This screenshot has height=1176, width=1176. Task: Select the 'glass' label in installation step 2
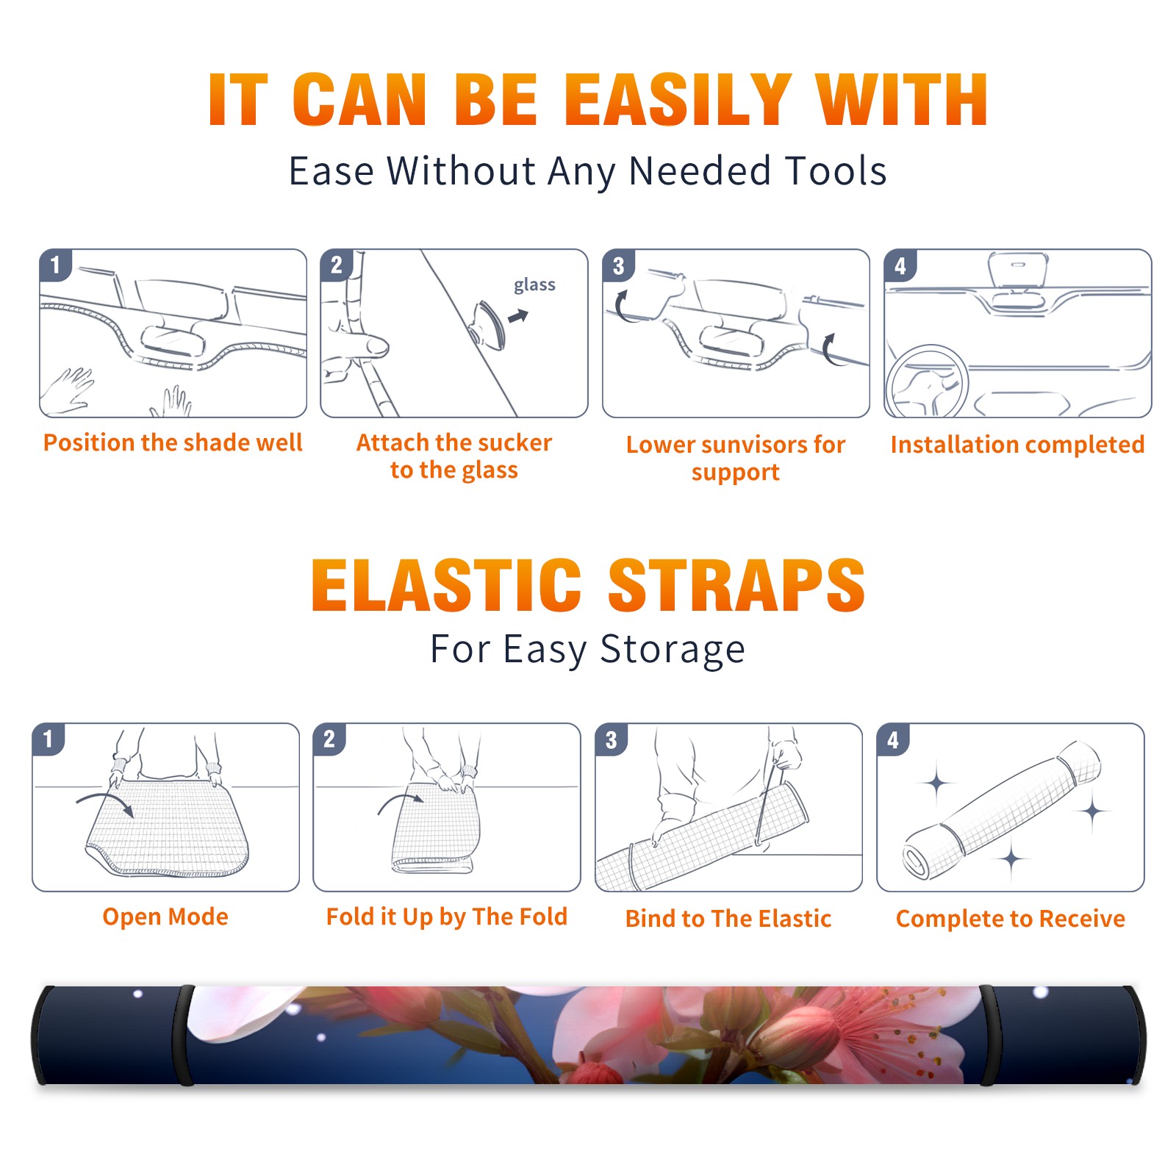tap(534, 284)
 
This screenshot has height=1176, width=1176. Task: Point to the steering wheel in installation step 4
tap(925, 381)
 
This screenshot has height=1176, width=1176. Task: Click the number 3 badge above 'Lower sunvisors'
tap(618, 265)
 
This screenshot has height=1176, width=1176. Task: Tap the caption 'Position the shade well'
tap(173, 442)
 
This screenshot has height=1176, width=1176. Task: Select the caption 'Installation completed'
tap(1017, 445)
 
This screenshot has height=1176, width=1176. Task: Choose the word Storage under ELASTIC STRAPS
tap(673, 650)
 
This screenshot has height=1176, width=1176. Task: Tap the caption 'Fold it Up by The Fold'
tap(447, 917)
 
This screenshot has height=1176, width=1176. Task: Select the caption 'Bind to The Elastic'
tap(728, 919)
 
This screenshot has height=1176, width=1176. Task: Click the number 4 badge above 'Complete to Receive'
tap(893, 739)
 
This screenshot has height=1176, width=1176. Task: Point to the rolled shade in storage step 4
tap(1003, 810)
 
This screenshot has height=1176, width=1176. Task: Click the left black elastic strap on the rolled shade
tap(184, 1035)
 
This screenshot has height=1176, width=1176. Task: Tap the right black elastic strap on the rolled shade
tap(989, 1035)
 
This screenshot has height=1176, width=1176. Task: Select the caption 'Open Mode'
tap(165, 917)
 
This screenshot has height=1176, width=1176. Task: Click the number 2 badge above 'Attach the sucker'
tap(337, 265)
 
